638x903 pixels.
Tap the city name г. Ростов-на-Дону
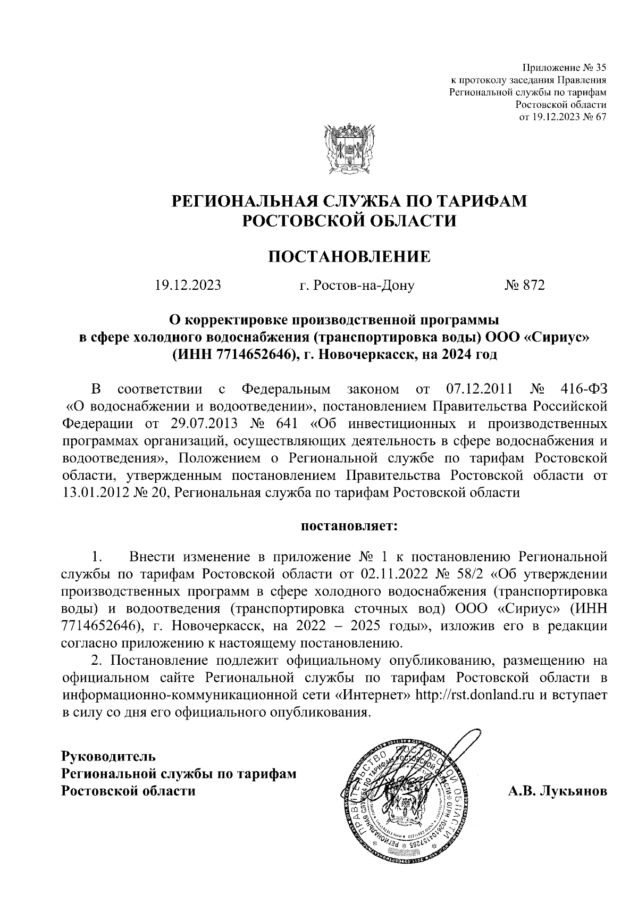357,286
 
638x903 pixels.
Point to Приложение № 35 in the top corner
565,68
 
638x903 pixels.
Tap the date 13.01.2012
94,492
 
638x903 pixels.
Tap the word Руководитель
108,756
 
